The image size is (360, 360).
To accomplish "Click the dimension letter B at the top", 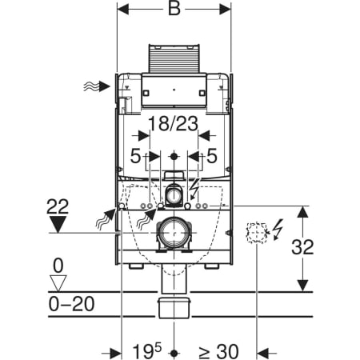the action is point(174,9).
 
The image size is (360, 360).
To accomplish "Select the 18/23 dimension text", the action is point(174,123).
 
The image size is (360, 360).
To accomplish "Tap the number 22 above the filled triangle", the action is point(58,206).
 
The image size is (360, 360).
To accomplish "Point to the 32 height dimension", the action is point(302,247).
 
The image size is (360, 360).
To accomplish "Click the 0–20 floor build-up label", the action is point(71,304).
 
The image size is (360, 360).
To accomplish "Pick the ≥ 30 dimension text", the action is point(218,351).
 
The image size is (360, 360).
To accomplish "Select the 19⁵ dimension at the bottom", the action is point(147,351).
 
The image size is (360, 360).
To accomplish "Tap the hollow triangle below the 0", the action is point(58,283).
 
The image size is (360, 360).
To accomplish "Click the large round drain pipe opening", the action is point(174,233).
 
